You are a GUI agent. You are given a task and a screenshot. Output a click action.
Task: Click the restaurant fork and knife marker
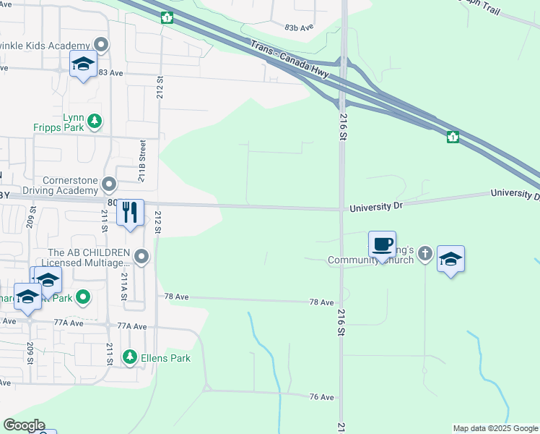(130, 213)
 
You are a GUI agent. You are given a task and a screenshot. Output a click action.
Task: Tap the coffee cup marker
(382, 244)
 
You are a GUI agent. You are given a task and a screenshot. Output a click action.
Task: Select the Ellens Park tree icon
(130, 357)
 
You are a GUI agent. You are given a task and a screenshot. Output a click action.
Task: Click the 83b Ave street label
(299, 27)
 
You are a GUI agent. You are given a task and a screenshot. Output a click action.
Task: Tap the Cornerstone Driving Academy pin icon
(110, 184)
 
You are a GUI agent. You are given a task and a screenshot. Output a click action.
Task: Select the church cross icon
(426, 253)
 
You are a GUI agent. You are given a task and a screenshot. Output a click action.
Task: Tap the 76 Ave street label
(321, 397)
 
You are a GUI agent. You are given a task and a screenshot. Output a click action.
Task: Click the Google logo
(24, 425)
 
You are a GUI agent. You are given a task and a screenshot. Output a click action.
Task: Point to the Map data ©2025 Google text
(495, 428)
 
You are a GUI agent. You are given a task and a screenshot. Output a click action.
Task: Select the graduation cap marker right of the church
(450, 259)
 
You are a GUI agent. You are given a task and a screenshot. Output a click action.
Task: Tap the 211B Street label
(143, 162)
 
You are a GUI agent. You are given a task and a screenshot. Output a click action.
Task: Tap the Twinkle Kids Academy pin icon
(102, 46)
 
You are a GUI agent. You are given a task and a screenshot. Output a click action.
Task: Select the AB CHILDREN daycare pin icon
(142, 256)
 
